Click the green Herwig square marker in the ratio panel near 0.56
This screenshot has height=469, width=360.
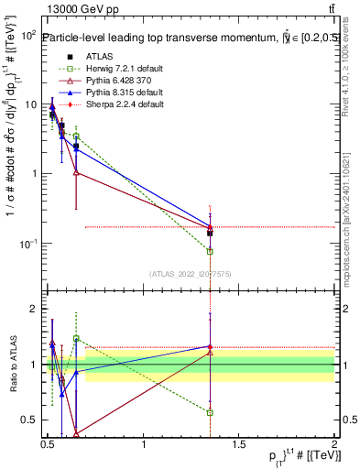click(x=210, y=412)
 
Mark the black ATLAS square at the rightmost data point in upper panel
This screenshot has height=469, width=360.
click(x=210, y=233)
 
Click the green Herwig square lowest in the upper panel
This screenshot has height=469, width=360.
click(x=210, y=251)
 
